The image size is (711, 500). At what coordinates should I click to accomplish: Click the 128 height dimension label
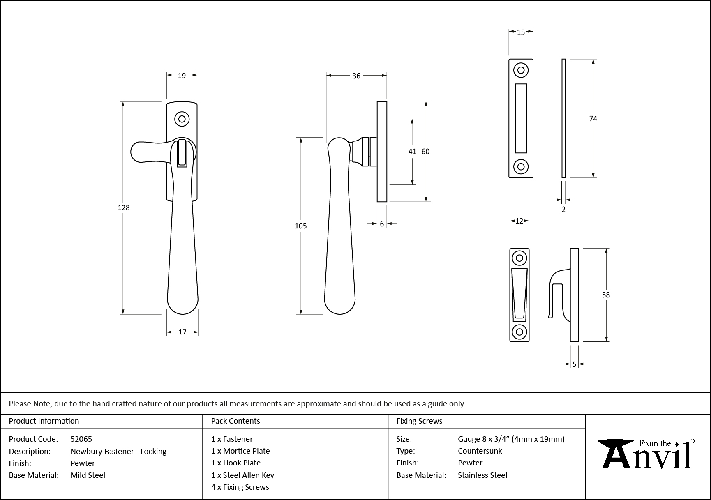click(x=124, y=207)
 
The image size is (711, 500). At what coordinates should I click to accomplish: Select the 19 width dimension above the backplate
click(x=182, y=75)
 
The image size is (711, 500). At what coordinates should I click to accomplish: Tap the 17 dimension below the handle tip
click(x=182, y=332)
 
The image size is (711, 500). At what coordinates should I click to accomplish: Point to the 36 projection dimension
click(x=356, y=76)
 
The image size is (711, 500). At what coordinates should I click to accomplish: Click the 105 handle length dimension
click(x=301, y=226)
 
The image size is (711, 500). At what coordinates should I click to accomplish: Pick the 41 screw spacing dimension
click(x=412, y=151)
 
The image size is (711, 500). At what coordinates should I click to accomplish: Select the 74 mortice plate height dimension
click(x=593, y=118)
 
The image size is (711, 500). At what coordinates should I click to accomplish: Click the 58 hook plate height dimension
click(x=606, y=295)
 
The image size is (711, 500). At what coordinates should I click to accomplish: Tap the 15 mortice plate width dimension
click(x=521, y=32)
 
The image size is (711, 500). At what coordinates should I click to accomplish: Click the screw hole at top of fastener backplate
click(x=182, y=119)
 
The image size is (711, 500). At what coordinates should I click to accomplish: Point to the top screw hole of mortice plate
click(x=521, y=70)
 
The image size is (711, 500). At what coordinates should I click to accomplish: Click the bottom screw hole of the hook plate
click(x=519, y=331)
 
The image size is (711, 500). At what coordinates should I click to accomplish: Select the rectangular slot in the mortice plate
click(x=521, y=118)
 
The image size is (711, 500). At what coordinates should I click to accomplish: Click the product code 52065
click(x=81, y=439)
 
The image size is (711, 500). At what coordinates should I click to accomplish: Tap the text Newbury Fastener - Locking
click(x=118, y=451)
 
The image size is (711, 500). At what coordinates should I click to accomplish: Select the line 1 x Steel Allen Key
click(x=242, y=475)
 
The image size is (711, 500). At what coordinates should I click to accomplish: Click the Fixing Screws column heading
click(x=419, y=421)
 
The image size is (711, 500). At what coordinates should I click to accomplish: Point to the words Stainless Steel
click(x=482, y=475)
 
